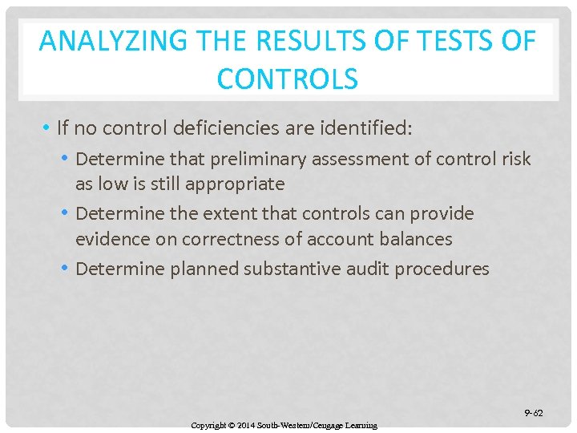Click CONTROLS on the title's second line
[287, 79]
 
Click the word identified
[369, 128]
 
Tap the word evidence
[115, 239]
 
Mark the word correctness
[256, 239]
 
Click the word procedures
[446, 269]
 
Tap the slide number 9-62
[533, 413]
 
